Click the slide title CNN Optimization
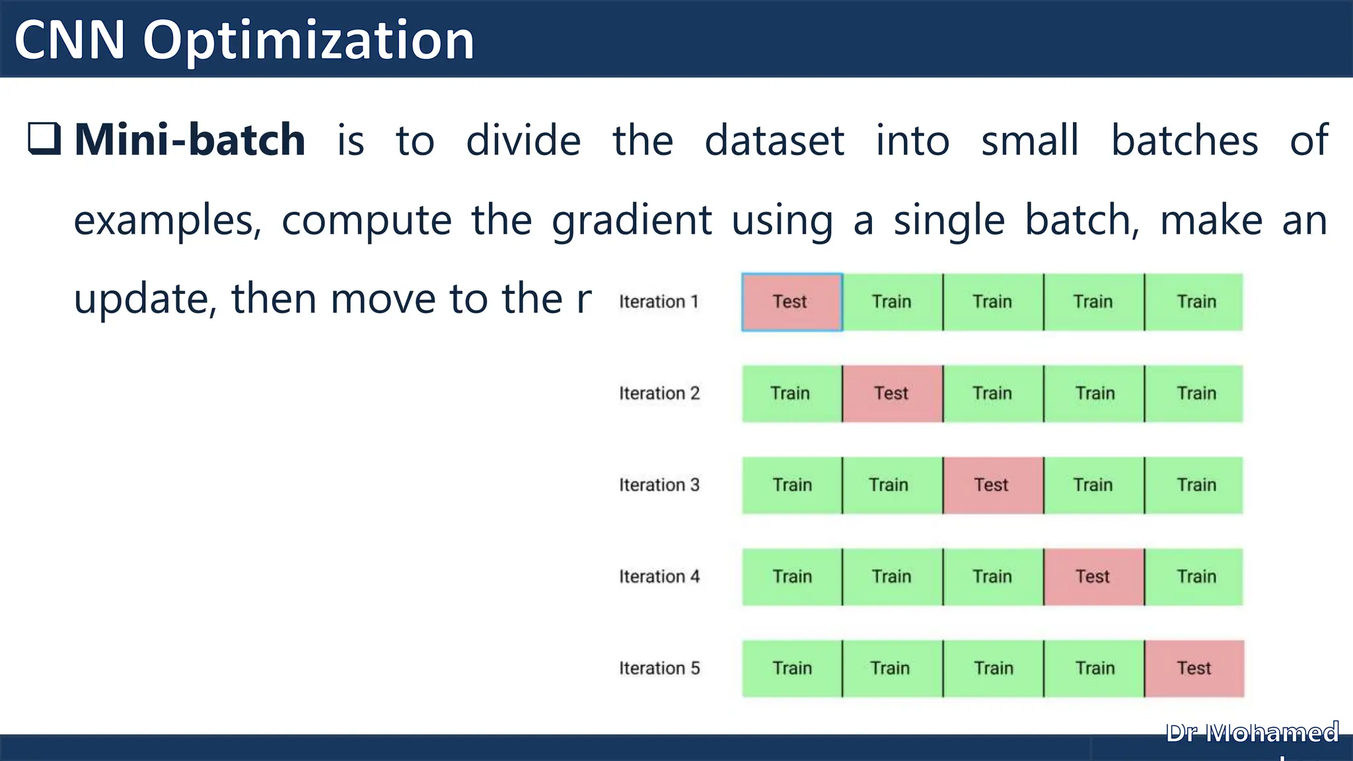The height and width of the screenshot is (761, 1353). pos(244,40)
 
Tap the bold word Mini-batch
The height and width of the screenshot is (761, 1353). pos(190,140)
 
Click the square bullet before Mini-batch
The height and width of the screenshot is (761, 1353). pos(44,139)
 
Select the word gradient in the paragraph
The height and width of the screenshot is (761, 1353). pos(632,220)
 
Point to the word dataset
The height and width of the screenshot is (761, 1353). pos(774,140)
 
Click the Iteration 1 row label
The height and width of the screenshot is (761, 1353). pos(659,302)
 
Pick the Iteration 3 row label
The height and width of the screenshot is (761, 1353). pos(659,485)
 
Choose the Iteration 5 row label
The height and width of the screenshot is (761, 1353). pos(659,669)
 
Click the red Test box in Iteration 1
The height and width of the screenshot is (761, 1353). pos(791,302)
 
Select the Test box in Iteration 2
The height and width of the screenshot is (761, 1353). pos(893,394)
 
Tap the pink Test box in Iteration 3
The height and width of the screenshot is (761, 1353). pos(993,485)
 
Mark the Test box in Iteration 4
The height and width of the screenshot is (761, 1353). pos(1094,577)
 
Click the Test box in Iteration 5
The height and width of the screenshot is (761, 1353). pos(1194,669)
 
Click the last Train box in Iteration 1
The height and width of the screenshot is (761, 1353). pos(1194,302)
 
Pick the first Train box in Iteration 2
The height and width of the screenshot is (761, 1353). pos(791,394)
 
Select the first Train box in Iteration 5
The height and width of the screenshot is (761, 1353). pos(791,669)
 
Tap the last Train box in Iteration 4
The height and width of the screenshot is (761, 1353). pos(1194,577)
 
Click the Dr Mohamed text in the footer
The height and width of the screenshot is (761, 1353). pos(1252,733)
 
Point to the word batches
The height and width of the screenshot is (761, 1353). pos(1185,140)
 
